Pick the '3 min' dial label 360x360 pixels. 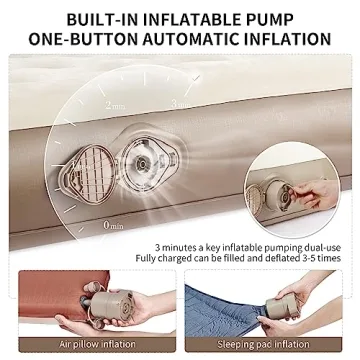click(181, 103)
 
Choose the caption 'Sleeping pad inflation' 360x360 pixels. click(268, 344)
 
